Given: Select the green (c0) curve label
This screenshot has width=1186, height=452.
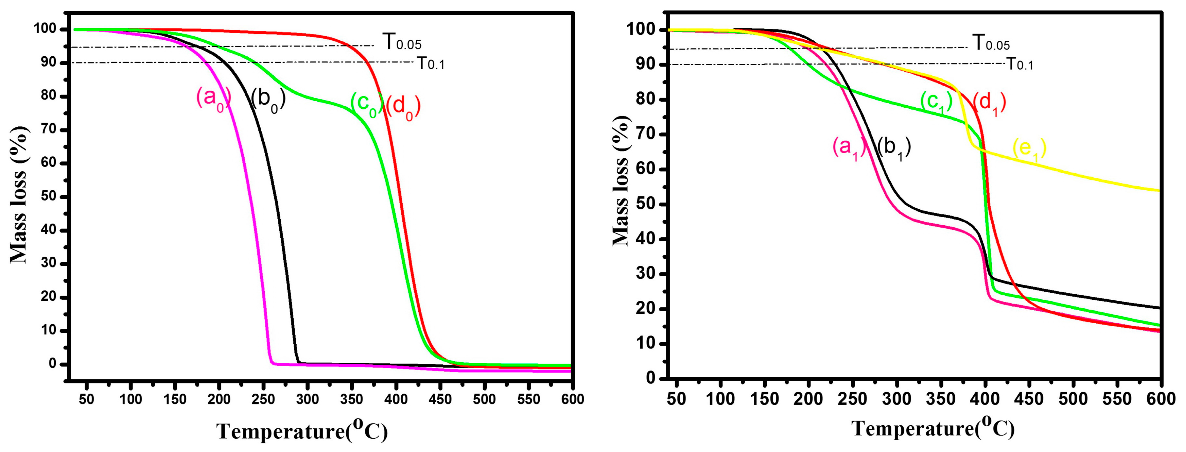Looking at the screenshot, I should pyautogui.click(x=366, y=104).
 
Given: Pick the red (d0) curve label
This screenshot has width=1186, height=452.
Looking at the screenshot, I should pyautogui.click(x=403, y=107).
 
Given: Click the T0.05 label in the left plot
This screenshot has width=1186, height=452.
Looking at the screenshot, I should pyautogui.click(x=401, y=42).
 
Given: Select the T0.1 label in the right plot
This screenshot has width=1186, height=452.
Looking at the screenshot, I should pyautogui.click(x=1020, y=64).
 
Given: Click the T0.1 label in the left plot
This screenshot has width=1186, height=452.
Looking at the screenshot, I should pyautogui.click(x=430, y=63).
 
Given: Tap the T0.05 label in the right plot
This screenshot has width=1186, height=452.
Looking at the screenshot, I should pyautogui.click(x=991, y=43).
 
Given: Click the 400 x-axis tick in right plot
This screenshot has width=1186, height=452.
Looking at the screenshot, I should pyautogui.click(x=985, y=398).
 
